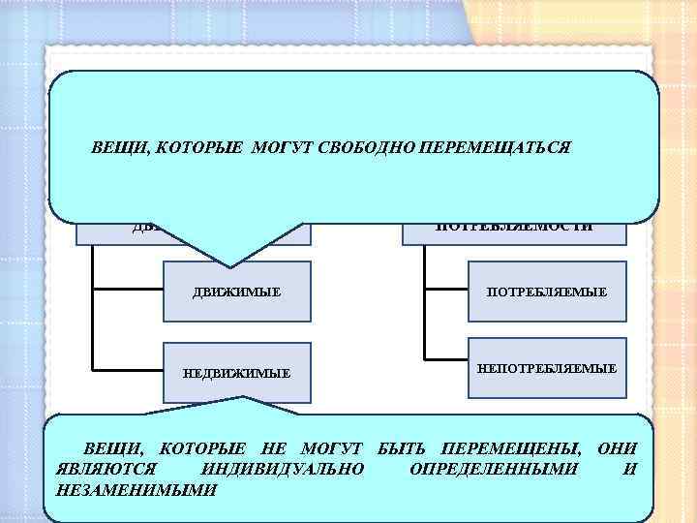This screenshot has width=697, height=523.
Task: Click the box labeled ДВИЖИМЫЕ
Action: (237, 291)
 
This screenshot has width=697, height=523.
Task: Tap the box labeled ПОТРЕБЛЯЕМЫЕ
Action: (548, 291)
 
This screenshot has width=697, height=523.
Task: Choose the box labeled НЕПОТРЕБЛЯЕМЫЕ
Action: (547, 369)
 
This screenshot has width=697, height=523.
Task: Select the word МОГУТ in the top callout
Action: (282, 149)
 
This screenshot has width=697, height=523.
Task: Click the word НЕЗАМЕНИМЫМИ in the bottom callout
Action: (137, 489)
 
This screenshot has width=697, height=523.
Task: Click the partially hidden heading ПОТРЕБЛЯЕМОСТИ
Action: (514, 229)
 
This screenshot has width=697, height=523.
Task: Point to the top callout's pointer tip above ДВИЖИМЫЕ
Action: (230, 264)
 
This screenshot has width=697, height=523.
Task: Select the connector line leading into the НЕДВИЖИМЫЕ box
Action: (129, 368)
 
